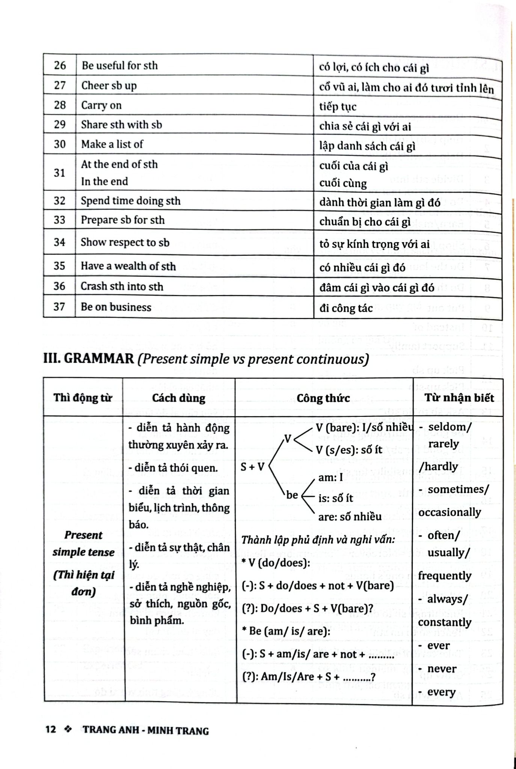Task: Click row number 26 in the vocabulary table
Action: pos(60,66)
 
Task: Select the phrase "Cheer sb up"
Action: pos(109,86)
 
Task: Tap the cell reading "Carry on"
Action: pos(101,105)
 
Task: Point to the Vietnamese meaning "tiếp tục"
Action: pos(338,107)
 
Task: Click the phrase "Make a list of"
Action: pos(112,144)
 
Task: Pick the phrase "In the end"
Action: pos(104,181)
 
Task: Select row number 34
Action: pos(59,242)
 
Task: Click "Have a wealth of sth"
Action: pos(128,266)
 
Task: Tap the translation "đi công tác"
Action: pos(346,308)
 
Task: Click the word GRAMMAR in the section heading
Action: pos(99,359)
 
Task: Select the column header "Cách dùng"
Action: pos(179,398)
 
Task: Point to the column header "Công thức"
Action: pos(323,398)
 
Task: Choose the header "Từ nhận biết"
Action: pos(459,398)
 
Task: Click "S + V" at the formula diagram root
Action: pos(252,467)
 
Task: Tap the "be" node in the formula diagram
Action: pos(292,495)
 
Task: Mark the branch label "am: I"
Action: pos(330,477)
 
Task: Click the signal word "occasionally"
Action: pos(450,512)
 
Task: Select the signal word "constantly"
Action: pos(444,622)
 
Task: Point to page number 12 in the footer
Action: pos(51,730)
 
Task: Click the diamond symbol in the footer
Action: pos(68,730)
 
